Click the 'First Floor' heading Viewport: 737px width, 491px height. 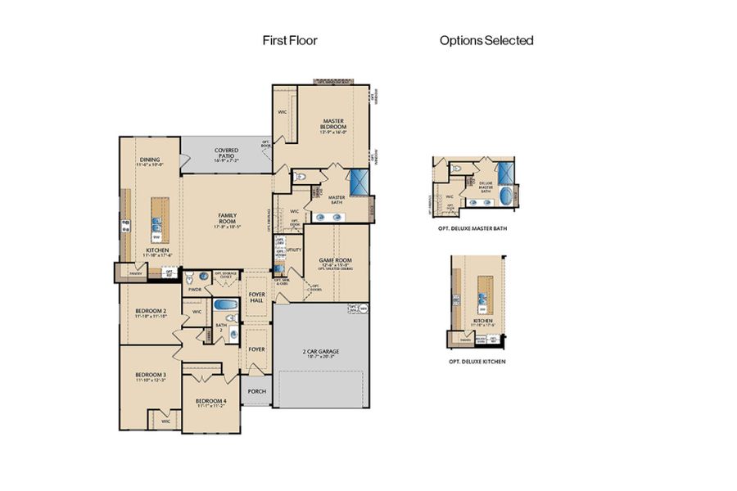[289, 39]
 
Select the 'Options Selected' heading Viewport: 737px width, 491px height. [486, 39]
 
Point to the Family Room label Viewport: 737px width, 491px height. [227, 219]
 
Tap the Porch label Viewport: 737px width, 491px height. [256, 391]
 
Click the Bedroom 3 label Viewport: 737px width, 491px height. [150, 377]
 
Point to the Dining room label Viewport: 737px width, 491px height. [149, 161]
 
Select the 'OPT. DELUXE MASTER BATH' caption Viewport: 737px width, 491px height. [472, 228]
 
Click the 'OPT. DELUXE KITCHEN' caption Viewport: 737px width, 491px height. [477, 361]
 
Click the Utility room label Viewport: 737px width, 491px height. [294, 250]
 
